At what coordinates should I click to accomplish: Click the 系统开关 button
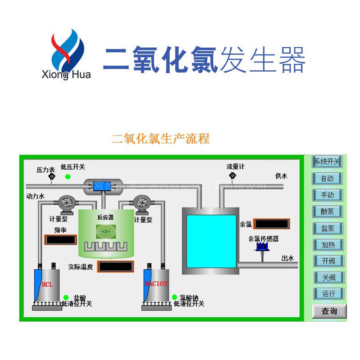coord(327,162)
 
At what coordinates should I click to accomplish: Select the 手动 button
coord(327,195)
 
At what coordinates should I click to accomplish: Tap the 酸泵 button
coord(327,211)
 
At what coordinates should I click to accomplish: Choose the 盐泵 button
coord(327,228)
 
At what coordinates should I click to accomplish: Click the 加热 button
coord(327,245)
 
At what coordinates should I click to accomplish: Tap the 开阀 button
coord(327,261)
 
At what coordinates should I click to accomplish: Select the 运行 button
coord(327,294)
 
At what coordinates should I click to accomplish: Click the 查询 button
coord(329,311)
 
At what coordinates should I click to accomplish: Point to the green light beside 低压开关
coord(67,176)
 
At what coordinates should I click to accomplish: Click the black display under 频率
coord(60,240)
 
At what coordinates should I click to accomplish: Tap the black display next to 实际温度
coord(116,266)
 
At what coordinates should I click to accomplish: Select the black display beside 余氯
coord(271,224)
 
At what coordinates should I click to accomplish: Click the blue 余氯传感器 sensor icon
coord(261,247)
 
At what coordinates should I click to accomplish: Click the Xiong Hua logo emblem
coord(67,49)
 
